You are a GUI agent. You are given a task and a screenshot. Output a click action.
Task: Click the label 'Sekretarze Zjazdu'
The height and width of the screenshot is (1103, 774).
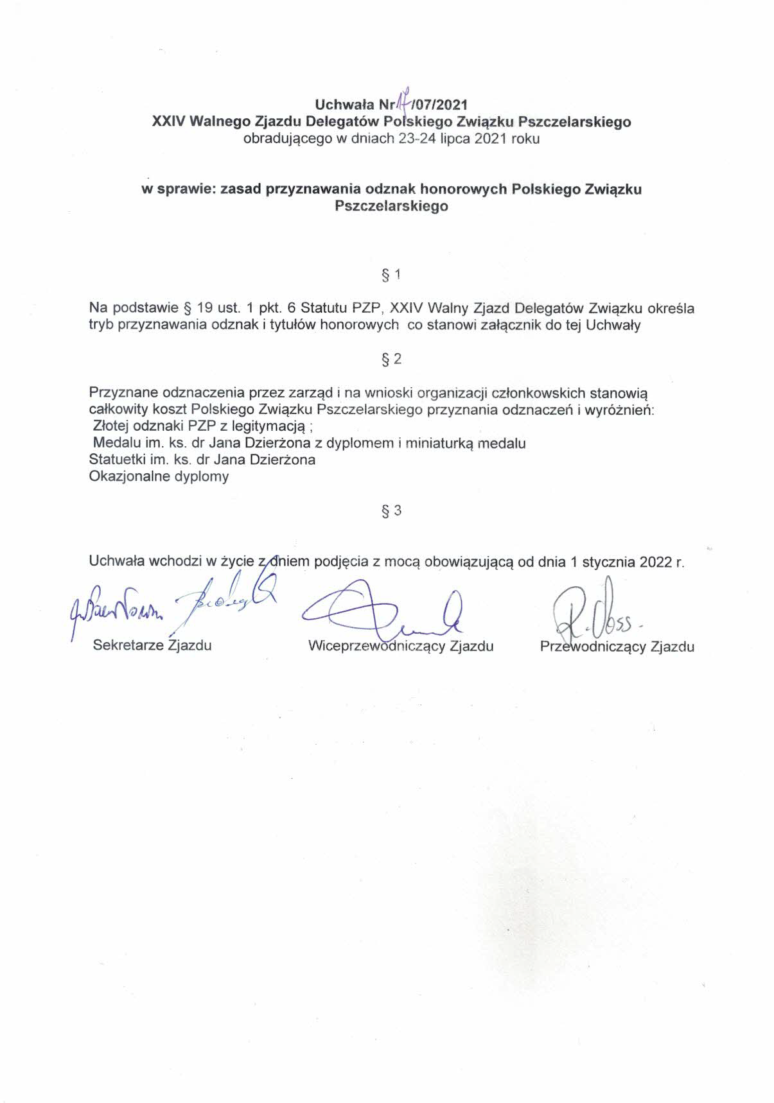(x=152, y=645)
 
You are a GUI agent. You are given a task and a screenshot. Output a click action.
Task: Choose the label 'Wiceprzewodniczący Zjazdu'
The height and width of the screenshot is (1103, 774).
(x=401, y=646)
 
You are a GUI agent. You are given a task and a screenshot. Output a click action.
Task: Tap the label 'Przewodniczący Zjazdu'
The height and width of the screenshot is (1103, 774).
(x=617, y=647)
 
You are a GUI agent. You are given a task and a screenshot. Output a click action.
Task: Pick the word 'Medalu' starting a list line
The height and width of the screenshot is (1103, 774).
(x=114, y=443)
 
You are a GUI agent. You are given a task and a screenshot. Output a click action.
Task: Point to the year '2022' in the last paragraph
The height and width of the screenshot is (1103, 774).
(x=655, y=562)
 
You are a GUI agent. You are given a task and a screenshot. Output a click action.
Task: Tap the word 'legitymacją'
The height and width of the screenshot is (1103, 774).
(x=267, y=426)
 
